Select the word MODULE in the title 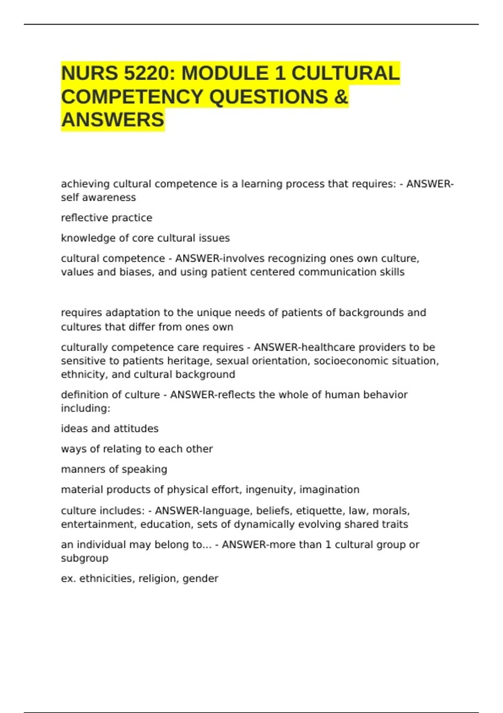[x=225, y=73]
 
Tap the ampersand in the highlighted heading [x=341, y=97]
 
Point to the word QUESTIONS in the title [x=269, y=97]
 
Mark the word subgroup [x=85, y=559]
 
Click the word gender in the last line [x=200, y=579]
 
